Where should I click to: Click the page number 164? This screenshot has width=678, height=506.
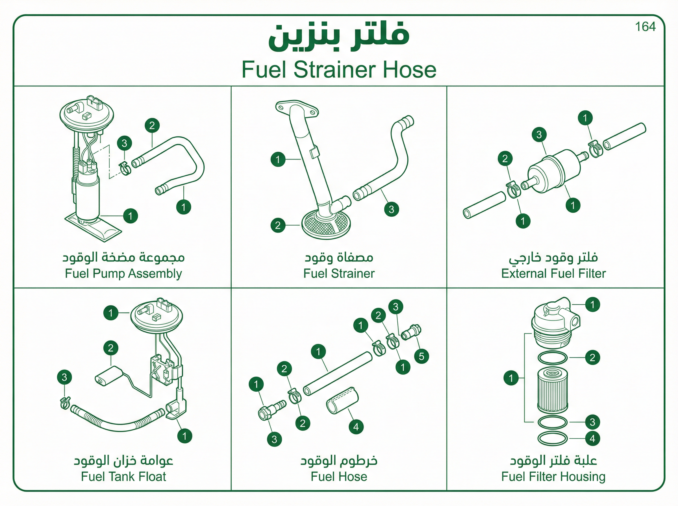pos(645,27)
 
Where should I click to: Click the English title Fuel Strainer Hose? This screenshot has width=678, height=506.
pos(339,69)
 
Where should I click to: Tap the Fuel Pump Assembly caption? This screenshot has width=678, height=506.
pos(123,274)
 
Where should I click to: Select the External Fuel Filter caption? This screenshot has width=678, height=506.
pos(553,274)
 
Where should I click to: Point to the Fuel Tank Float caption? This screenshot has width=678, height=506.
pos(123,476)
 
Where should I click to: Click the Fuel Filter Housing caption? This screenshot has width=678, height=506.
pos(553,477)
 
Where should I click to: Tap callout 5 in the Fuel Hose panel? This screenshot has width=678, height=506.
pos(421,356)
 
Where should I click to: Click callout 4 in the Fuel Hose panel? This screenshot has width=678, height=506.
pos(356,427)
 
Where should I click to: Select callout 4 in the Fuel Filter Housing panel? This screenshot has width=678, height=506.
pos(592,439)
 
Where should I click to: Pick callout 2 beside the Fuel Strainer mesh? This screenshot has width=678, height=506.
pos(278,225)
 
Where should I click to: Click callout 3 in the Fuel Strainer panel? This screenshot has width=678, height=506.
pos(391,209)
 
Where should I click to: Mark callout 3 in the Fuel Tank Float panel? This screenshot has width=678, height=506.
pos(64,377)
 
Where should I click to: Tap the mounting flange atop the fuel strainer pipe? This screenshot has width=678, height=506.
pos(297,108)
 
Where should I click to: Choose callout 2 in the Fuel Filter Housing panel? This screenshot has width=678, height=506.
pos(592,357)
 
